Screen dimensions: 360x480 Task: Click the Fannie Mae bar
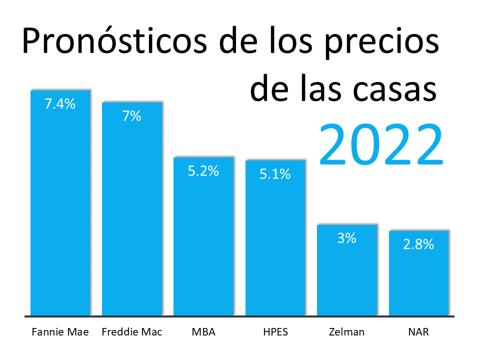60,210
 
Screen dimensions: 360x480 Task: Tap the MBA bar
203,240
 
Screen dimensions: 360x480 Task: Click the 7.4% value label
60,104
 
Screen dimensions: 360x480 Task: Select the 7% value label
132,116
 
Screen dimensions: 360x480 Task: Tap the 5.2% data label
203,171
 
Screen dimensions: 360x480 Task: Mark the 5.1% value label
275,174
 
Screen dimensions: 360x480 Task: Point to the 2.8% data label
419,244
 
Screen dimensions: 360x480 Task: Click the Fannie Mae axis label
60,332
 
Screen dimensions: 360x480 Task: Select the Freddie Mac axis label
132,332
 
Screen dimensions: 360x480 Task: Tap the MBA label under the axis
203,332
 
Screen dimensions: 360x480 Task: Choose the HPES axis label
275,332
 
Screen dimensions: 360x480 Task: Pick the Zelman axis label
346,332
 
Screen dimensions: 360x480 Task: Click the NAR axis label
419,332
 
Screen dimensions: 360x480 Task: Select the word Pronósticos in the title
115,42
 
